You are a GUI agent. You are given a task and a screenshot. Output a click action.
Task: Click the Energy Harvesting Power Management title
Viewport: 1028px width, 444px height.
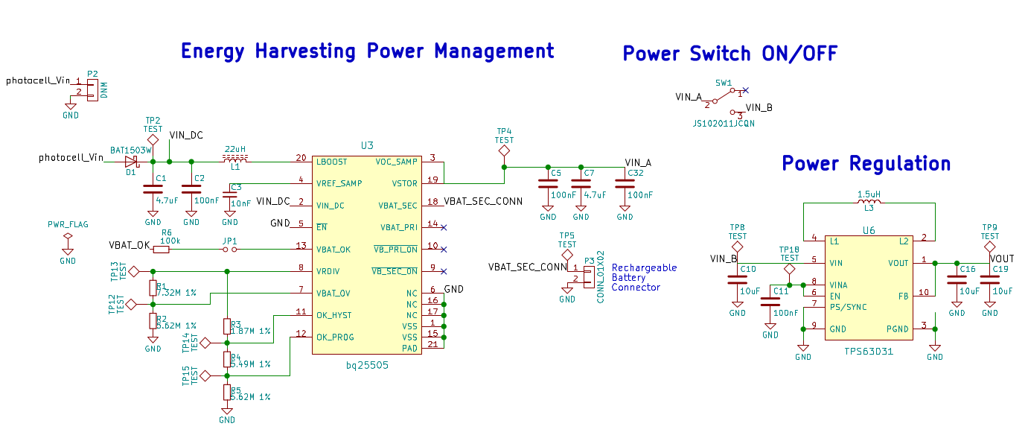(368, 51)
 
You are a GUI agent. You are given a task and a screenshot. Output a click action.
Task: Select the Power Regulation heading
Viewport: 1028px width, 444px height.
(866, 164)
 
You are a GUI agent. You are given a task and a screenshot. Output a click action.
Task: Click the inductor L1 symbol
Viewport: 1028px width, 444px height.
(235, 159)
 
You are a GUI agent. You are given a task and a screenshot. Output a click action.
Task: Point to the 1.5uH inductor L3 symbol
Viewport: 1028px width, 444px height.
(869, 200)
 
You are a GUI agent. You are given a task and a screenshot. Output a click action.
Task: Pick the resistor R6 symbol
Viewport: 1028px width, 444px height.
(161, 250)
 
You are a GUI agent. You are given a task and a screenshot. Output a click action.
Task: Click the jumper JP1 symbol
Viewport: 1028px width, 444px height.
(230, 250)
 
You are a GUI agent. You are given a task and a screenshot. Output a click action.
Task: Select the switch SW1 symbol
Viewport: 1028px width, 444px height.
(727, 95)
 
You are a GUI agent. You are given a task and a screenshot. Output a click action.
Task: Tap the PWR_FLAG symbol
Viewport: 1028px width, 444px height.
(68, 238)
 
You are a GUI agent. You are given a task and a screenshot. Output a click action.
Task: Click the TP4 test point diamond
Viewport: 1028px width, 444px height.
(504, 150)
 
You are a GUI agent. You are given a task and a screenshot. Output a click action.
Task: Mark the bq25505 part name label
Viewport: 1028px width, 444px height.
(367, 365)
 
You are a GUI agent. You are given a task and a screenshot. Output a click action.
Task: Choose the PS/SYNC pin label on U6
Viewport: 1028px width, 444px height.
(848, 307)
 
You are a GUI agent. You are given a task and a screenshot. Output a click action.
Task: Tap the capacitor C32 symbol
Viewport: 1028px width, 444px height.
(625, 183)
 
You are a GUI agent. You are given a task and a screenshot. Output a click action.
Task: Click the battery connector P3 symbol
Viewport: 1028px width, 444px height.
(588, 273)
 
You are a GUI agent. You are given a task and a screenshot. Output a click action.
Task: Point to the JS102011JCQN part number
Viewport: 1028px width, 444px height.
(724, 124)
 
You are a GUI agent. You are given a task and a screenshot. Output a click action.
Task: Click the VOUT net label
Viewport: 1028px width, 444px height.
(1001, 259)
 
